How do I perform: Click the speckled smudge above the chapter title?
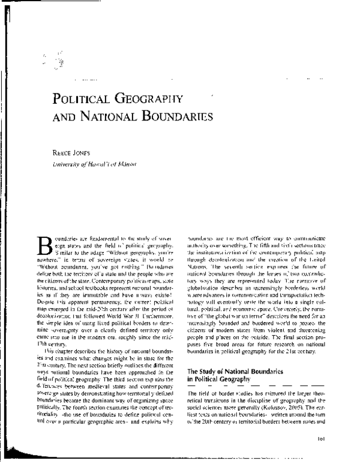point(57,60)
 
